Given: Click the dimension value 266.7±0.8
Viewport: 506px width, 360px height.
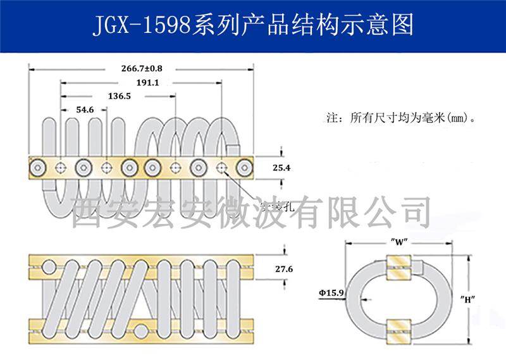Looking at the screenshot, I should tap(141, 68).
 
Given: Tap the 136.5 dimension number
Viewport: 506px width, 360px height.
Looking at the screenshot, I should tap(120, 97).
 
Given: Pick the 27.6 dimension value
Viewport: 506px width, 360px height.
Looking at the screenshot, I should tap(285, 268).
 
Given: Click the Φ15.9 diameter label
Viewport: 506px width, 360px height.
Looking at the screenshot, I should tap(331, 292).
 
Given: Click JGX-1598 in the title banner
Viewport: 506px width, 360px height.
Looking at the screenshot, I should tap(135, 24).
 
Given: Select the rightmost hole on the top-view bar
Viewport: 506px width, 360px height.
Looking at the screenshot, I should tap(244, 168).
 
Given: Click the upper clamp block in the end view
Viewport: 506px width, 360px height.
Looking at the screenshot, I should tap(400, 265).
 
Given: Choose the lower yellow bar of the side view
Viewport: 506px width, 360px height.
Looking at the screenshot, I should tap(141, 326).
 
